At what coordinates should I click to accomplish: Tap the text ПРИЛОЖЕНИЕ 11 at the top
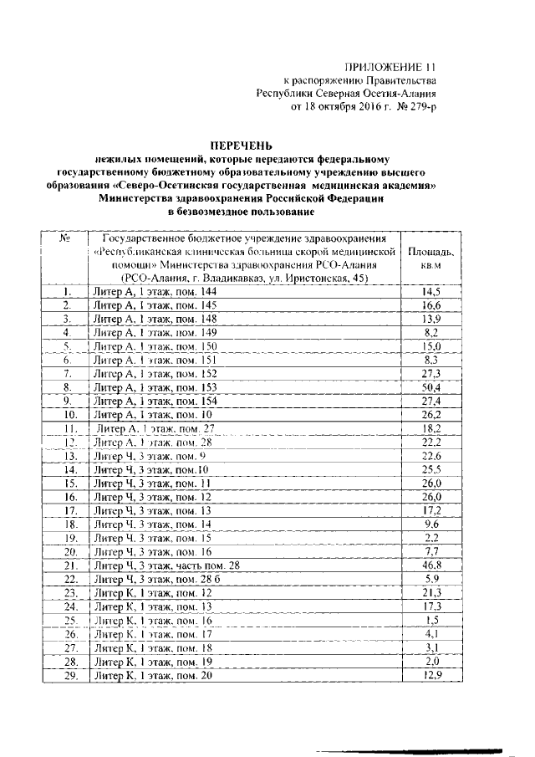pyautogui.click(x=391, y=67)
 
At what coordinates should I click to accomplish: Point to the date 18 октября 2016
pyautogui.click(x=346, y=107)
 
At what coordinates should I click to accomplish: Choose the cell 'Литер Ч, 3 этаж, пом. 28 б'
pyautogui.click(x=158, y=580)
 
